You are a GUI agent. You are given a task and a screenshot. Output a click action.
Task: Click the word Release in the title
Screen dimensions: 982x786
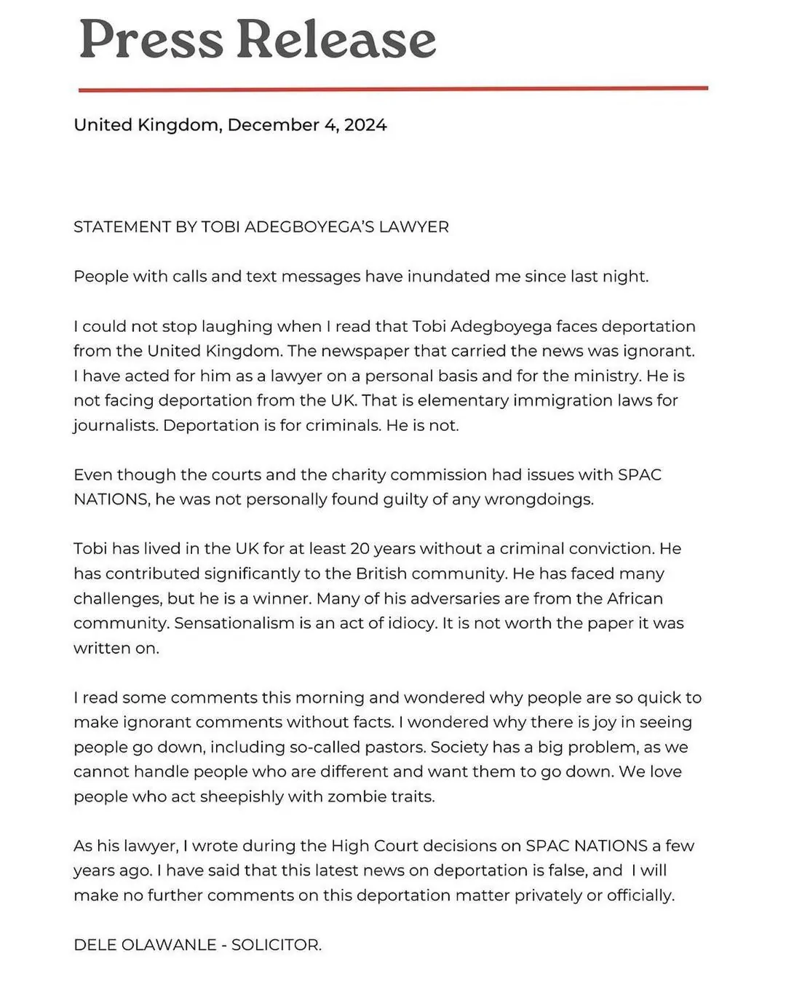336,40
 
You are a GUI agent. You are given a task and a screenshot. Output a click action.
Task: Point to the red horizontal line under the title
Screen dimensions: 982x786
393,89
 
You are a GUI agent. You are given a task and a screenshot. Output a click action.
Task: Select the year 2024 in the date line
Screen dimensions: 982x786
365,125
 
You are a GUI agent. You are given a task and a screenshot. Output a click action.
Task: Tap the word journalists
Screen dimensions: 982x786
116,426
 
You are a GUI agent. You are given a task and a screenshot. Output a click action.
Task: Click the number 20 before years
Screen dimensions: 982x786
360,549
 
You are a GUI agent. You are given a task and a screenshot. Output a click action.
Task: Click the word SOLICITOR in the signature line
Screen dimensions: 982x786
276,945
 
